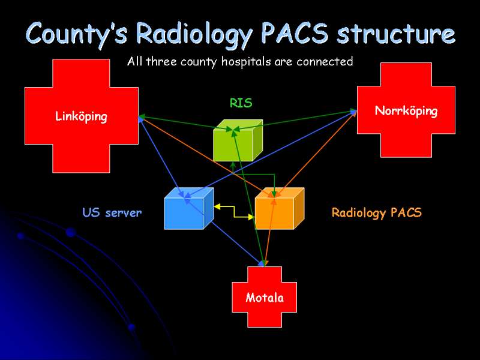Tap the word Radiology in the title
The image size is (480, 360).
coord(194,35)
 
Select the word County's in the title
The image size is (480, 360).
coord(77,34)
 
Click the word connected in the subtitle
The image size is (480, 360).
coord(325,61)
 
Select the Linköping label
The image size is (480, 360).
coord(81,116)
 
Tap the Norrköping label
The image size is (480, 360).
coord(406,111)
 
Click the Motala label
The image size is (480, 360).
coord(265,298)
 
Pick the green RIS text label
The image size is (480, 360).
coord(241,103)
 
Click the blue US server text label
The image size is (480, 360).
coord(112,212)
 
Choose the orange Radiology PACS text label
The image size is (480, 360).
coord(377,212)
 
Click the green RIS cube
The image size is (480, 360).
coord(238,140)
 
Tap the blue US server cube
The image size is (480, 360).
coord(189,208)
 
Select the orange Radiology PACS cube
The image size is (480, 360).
coord(280,208)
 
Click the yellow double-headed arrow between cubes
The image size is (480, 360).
coord(234,212)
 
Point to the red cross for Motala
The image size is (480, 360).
coord(264,297)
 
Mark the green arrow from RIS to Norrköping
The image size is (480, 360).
coord(295,120)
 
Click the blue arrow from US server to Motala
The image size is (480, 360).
coord(224,233)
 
